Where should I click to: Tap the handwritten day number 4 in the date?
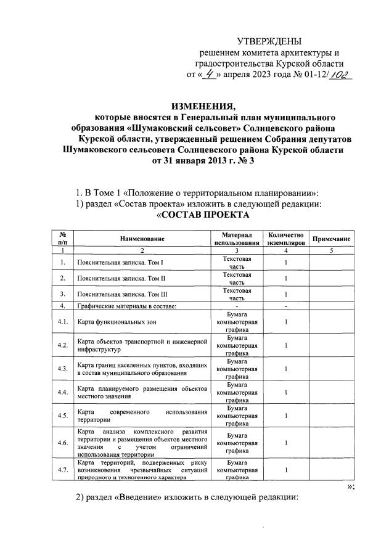click(213, 76)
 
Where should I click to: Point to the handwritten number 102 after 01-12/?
click(336, 75)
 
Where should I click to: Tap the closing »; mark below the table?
click(351, 486)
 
